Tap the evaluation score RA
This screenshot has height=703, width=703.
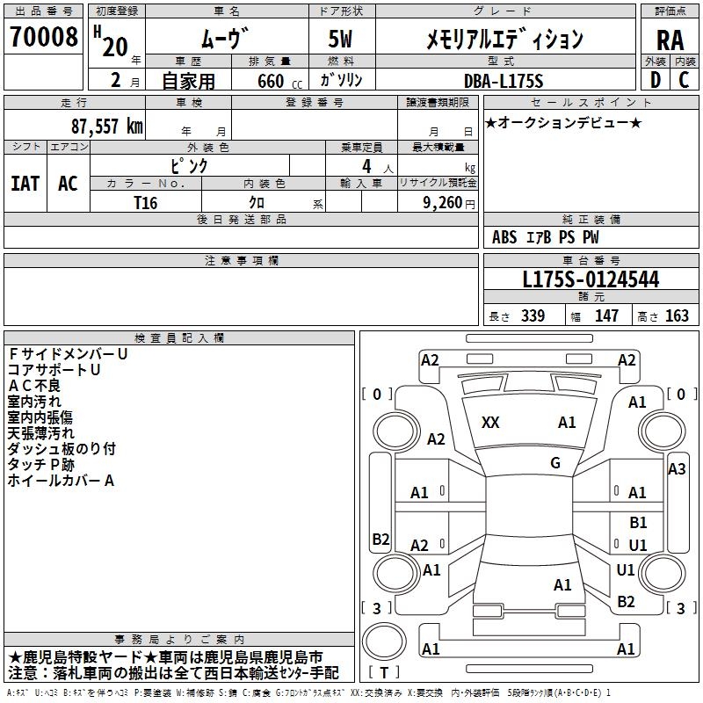[x=670, y=40]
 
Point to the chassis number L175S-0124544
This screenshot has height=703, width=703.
[x=591, y=280]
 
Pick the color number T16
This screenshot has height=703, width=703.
[x=146, y=202]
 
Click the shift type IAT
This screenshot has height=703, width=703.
[x=25, y=183]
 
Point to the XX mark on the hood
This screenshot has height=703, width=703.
[x=490, y=423]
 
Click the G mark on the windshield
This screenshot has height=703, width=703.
[x=555, y=463]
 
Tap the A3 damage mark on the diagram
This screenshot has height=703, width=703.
[x=677, y=469]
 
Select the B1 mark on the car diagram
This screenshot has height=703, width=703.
[x=638, y=523]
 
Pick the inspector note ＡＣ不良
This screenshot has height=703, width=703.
[x=34, y=386]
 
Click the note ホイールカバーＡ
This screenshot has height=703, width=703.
[x=62, y=481]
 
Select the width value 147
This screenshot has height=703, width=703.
[x=607, y=316]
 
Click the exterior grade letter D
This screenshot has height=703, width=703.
[x=656, y=80]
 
